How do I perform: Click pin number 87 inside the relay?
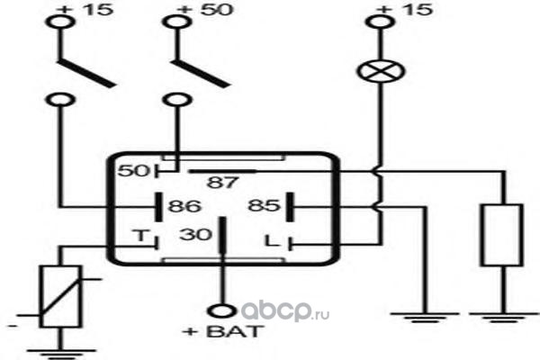point(221,182)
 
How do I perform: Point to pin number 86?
point(184,206)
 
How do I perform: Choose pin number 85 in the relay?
point(265,206)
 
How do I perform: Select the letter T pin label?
point(139,237)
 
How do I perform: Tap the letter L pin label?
point(269,239)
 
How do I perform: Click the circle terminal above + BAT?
point(220,311)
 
